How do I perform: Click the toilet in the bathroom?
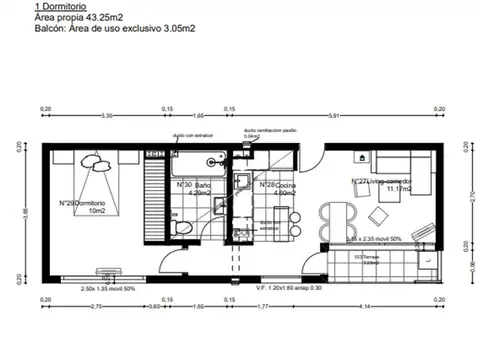click(180, 228)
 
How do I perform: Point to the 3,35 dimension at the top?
click(104, 115)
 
